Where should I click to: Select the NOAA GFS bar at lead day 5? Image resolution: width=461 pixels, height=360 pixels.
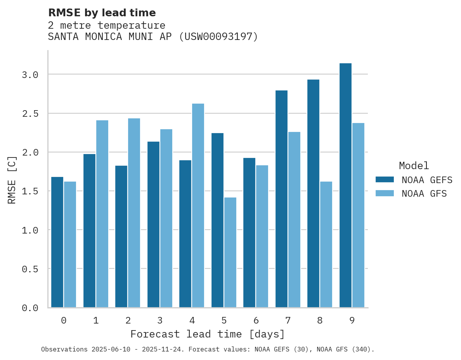(x=230, y=253)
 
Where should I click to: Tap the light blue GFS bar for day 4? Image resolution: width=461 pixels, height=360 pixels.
(x=198, y=206)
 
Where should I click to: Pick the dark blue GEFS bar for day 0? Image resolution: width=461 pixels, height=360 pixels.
(x=57, y=242)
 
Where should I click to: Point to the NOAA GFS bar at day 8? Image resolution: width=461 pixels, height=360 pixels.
(x=326, y=244)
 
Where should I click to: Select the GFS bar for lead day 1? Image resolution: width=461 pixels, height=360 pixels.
(x=102, y=214)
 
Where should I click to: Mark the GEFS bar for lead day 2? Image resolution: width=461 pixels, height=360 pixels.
(x=121, y=237)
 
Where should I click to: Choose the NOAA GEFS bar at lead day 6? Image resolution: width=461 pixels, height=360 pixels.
(x=249, y=233)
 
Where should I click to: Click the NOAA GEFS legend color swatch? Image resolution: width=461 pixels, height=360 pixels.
(x=385, y=180)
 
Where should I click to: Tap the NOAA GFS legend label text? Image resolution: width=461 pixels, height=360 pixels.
(x=424, y=194)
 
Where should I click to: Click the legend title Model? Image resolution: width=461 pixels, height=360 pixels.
(x=414, y=166)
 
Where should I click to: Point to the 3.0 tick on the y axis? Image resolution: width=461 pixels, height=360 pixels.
(x=30, y=74)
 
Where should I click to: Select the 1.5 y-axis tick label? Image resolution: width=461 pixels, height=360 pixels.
(x=30, y=191)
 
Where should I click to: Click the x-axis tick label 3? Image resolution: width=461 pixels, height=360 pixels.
(x=160, y=320)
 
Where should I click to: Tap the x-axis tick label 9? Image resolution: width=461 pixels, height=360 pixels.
(x=352, y=320)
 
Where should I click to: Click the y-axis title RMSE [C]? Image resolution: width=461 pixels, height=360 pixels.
(x=12, y=180)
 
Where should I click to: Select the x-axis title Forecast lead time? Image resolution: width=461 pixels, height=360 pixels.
(x=207, y=334)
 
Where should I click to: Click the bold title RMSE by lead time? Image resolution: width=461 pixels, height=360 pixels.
(x=102, y=13)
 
